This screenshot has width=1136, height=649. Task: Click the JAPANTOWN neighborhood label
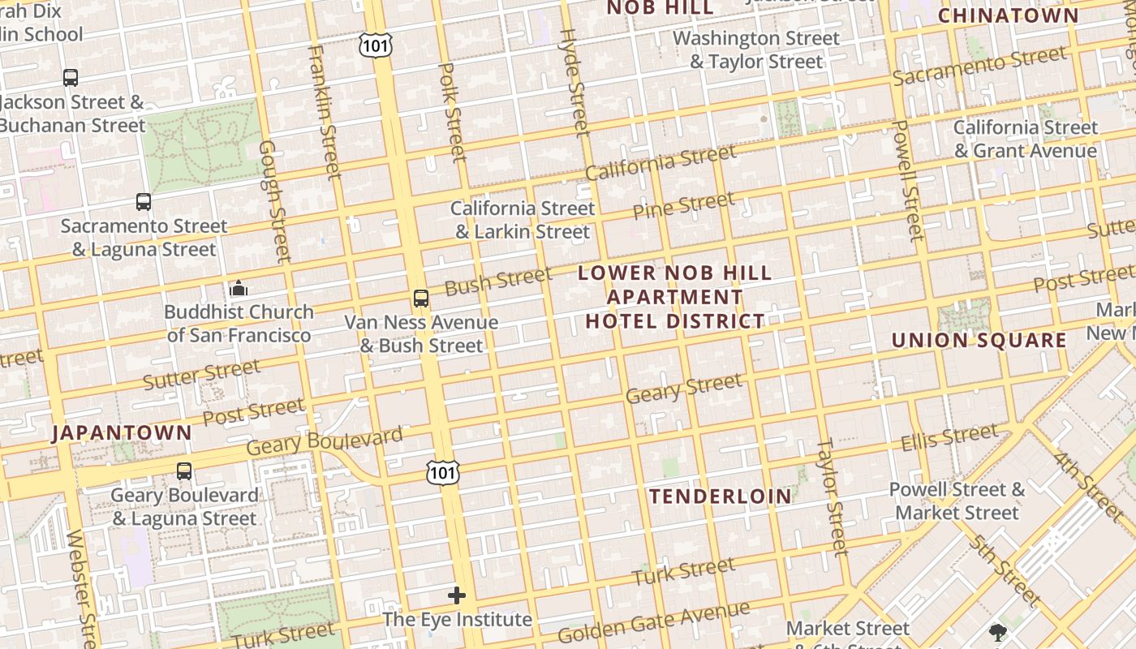click(x=123, y=432)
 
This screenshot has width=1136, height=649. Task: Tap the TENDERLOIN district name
click(x=721, y=496)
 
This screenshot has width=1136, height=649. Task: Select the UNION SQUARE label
click(x=979, y=340)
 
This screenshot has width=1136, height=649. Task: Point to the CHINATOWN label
click(x=1009, y=15)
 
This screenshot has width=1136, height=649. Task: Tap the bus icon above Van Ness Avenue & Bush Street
click(x=421, y=298)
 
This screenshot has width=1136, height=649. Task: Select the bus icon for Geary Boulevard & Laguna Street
click(x=184, y=471)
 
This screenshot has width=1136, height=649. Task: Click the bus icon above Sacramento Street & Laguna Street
click(x=144, y=201)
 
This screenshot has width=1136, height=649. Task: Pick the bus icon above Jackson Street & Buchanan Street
click(x=71, y=78)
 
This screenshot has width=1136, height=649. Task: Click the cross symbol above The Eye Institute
click(x=457, y=595)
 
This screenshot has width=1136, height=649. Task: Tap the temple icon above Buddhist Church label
click(x=239, y=288)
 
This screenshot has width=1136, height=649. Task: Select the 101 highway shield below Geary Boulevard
click(x=443, y=472)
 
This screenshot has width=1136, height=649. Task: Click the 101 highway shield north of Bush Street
click(x=376, y=45)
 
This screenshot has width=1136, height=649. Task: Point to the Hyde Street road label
click(x=574, y=83)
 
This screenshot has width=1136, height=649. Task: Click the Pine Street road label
click(x=683, y=206)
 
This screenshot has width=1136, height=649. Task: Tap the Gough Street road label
click(x=274, y=201)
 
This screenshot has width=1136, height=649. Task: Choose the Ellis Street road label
click(x=949, y=437)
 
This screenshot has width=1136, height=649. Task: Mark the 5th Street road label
click(x=1005, y=570)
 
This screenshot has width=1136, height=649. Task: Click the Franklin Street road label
click(x=322, y=111)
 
